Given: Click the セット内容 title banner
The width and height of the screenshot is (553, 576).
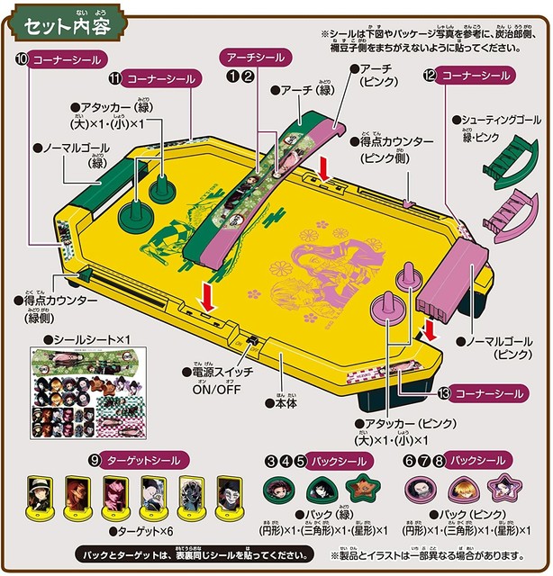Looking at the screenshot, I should point(63,24).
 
